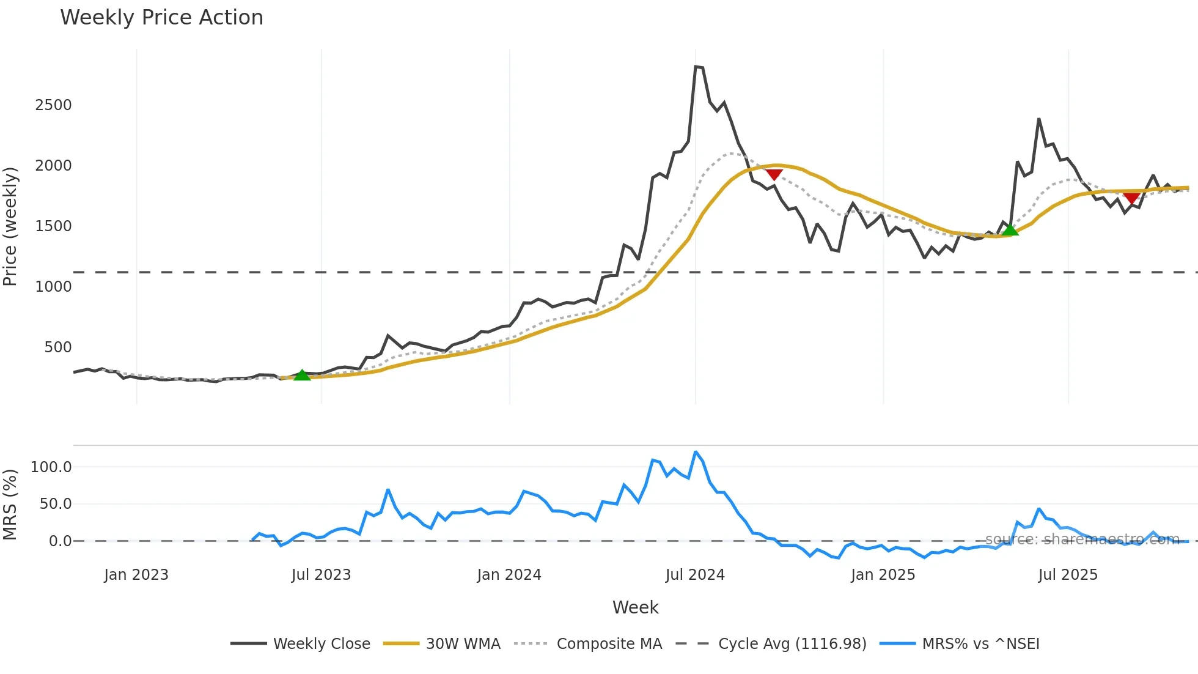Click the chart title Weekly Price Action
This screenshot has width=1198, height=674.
click(161, 18)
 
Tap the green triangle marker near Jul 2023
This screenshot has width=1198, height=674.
click(302, 376)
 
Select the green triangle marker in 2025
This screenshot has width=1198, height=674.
click(1010, 230)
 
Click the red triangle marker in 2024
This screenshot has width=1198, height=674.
click(774, 175)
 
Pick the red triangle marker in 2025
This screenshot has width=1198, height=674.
click(1131, 199)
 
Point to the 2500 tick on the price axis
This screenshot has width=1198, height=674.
click(53, 105)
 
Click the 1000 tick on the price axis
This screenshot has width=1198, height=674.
click(53, 287)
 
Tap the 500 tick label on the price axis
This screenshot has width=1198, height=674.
click(57, 347)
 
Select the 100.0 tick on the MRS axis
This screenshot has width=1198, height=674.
click(51, 467)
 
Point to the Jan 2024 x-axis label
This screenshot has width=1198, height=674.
click(509, 575)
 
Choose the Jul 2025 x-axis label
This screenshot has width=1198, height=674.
click(1068, 575)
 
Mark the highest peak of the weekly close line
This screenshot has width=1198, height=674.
click(696, 67)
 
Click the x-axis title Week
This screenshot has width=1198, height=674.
click(635, 607)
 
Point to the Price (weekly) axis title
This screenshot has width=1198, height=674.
click(10, 226)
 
